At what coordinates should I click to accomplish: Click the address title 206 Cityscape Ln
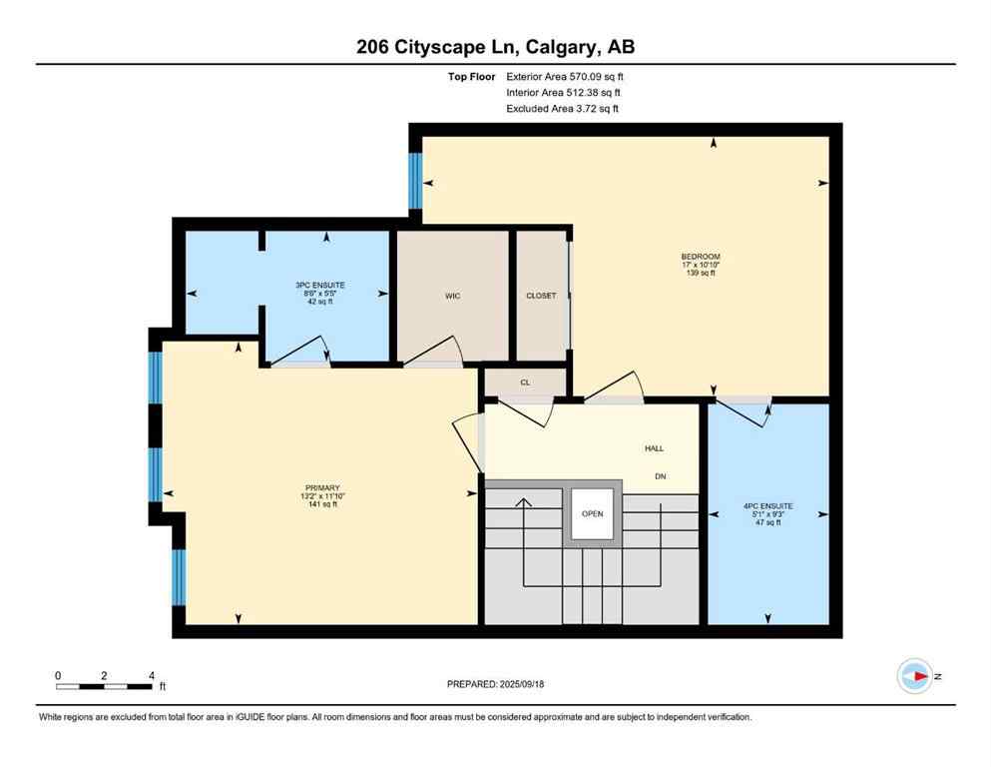495,46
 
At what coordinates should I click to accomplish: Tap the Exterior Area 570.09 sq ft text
568,76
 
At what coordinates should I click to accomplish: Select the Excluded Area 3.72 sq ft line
562,108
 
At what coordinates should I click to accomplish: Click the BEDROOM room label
700,257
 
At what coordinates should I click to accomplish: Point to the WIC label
452,296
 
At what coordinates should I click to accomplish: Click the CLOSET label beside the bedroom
541,296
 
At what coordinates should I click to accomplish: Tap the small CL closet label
525,382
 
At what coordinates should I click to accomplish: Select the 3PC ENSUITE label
320,285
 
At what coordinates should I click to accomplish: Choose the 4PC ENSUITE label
767,506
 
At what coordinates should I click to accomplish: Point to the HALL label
654,448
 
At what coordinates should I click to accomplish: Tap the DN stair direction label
660,476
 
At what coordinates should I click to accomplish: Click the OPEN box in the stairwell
593,515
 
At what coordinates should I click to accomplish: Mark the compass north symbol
914,676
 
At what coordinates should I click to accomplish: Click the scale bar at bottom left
104,686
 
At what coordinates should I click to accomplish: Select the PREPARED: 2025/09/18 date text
496,684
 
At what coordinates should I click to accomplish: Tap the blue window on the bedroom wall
415,181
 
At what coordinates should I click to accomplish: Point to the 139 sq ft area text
700,273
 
